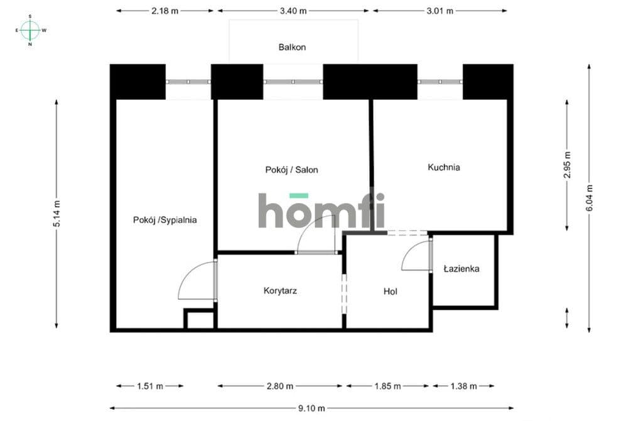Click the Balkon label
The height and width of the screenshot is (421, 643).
click(x=292, y=47)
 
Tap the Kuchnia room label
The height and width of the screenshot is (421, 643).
click(x=444, y=167)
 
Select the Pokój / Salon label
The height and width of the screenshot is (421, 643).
click(x=291, y=170)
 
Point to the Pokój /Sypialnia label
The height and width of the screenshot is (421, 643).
click(x=165, y=220)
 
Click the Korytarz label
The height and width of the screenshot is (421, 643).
click(x=280, y=291)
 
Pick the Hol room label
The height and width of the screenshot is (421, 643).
click(x=391, y=292)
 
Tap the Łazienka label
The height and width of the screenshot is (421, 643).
click(x=462, y=269)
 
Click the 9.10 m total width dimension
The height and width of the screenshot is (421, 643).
click(x=311, y=408)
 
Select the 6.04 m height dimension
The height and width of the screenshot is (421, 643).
click(x=589, y=198)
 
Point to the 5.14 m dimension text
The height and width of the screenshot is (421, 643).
click(x=57, y=214)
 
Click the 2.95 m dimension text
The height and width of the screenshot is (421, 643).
click(x=567, y=165)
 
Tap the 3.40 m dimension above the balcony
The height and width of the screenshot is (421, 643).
click(x=293, y=11)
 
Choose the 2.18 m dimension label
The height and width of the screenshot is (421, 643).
click(x=165, y=11)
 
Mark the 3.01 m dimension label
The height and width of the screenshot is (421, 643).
click(x=440, y=11)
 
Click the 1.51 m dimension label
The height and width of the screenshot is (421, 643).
click(x=150, y=386)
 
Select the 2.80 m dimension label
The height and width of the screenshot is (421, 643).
click(x=279, y=386)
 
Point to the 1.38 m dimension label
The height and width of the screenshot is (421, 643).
click(x=464, y=386)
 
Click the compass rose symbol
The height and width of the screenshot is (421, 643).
click(x=30, y=30)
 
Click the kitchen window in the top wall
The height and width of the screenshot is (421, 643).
click(x=440, y=82)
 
